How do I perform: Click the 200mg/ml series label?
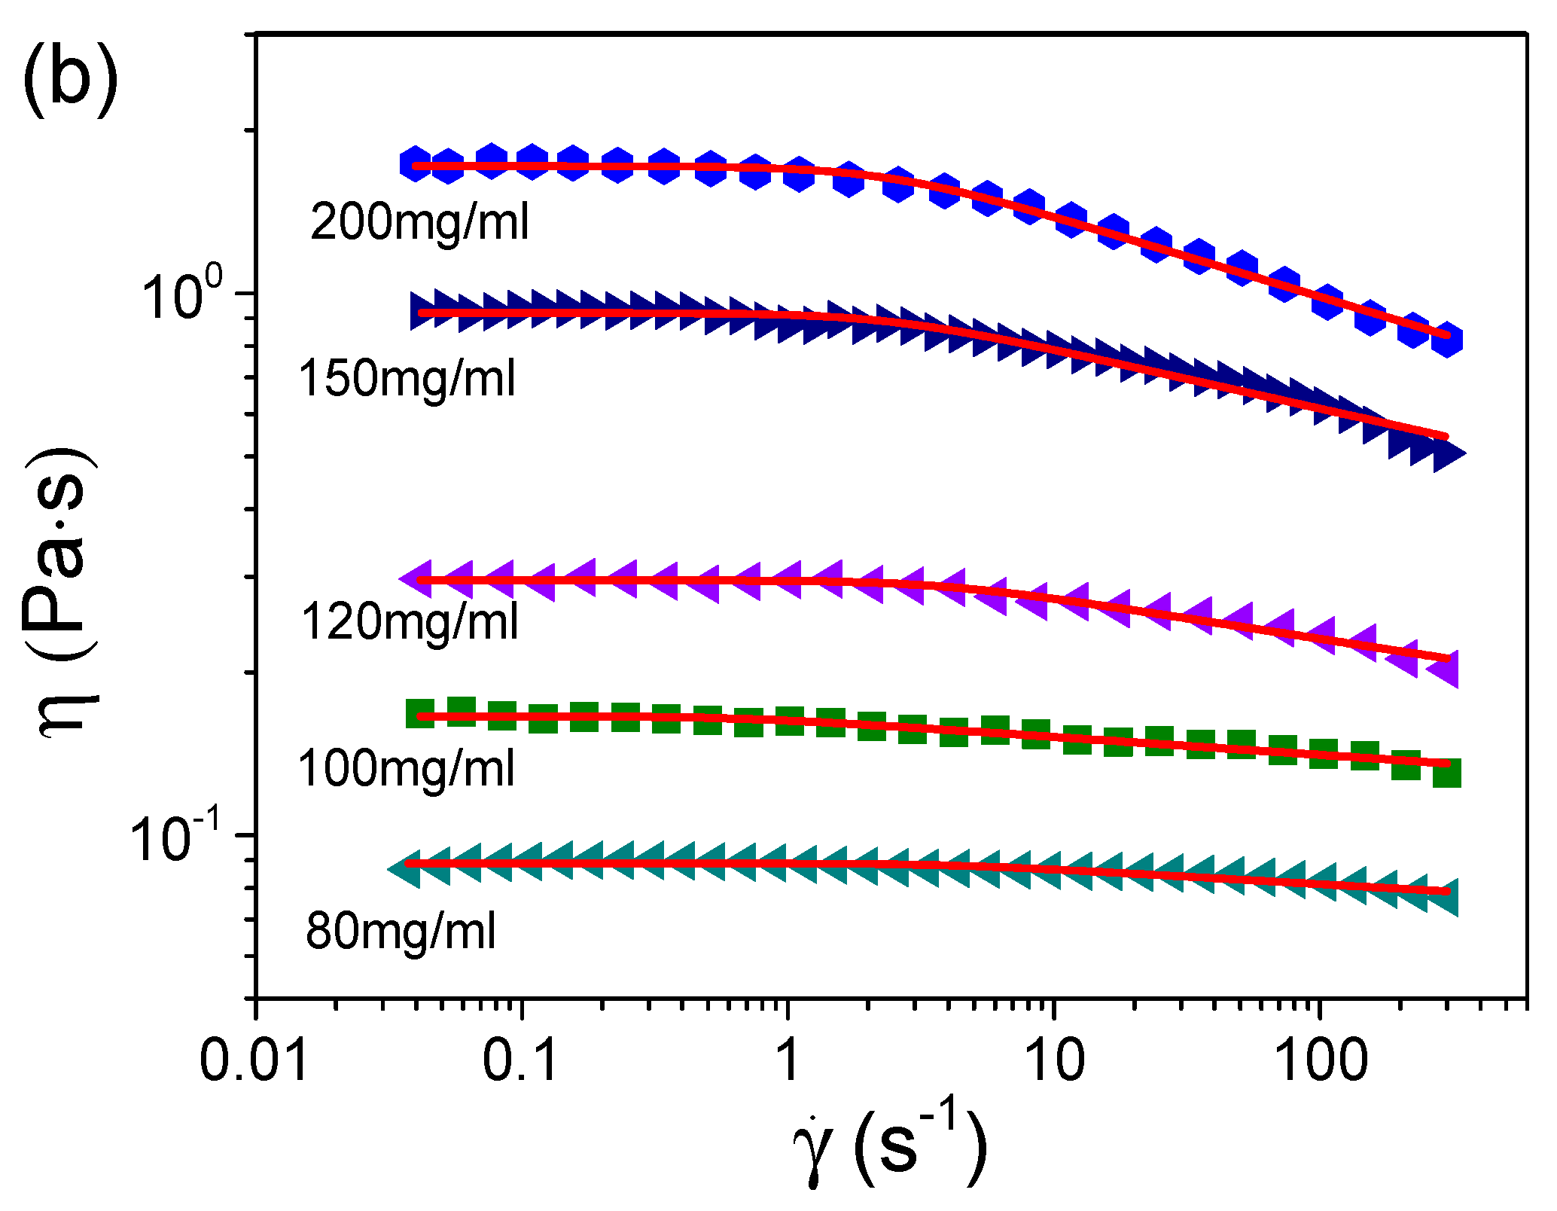pos(419,223)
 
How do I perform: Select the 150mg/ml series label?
pos(407,378)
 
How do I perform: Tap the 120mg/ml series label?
pos(410,623)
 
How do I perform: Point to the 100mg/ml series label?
pos(407,769)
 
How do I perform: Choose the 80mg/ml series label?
pos(401,932)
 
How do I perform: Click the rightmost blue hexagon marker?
pos(1446,340)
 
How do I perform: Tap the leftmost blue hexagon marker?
pos(416,164)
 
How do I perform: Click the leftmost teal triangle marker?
pos(407,870)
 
